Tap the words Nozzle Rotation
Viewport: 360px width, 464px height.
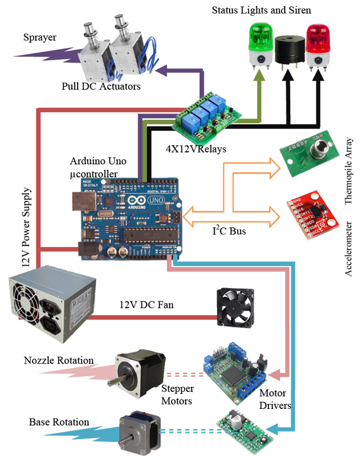click(x=59, y=360)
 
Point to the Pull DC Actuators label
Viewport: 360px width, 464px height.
click(x=101, y=86)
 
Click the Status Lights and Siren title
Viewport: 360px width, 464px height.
click(x=262, y=10)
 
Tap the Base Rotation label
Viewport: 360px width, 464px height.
click(x=59, y=422)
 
